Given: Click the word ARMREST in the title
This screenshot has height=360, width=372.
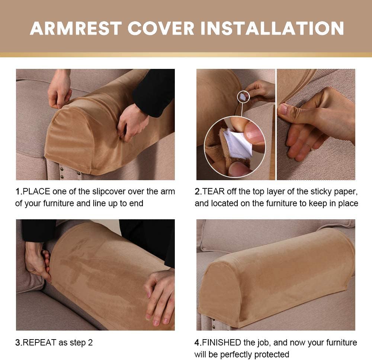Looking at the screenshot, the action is click(x=76, y=29).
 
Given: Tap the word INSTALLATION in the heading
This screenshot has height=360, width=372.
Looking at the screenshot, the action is click(x=272, y=29).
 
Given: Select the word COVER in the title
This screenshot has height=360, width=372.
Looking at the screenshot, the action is click(x=161, y=29).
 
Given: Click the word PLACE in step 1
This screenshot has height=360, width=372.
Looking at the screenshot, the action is click(x=36, y=191).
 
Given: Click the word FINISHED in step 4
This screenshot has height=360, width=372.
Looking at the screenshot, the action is click(x=221, y=343).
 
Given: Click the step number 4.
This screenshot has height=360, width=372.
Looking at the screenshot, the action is click(x=198, y=343).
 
